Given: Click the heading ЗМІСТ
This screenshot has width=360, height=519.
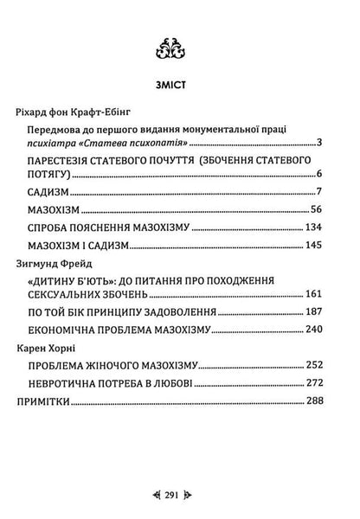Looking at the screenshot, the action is tap(180, 86).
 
